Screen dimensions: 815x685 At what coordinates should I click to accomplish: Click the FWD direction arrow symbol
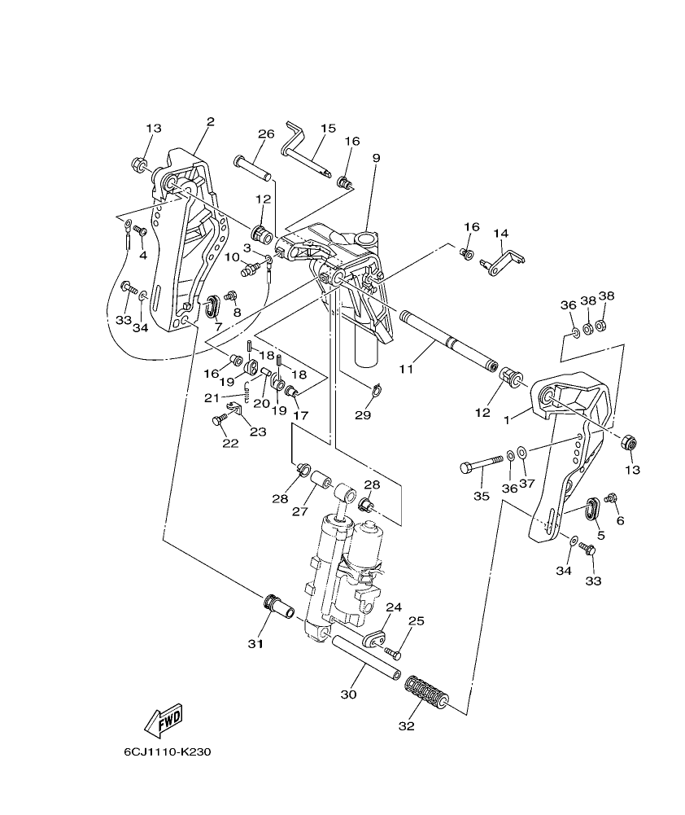point(164,721)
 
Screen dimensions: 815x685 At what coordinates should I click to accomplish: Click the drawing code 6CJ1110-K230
point(168,751)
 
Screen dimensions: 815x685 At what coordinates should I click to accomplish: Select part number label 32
point(406,726)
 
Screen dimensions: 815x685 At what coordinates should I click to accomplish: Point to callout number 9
point(376,158)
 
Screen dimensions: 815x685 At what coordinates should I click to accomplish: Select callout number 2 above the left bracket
point(210,122)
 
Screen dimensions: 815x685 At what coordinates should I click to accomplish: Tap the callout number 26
point(266,134)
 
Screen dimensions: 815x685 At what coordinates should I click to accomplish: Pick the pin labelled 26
point(253,165)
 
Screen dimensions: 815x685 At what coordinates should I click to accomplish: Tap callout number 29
point(363,415)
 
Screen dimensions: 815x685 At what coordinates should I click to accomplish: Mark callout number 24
point(394,607)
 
